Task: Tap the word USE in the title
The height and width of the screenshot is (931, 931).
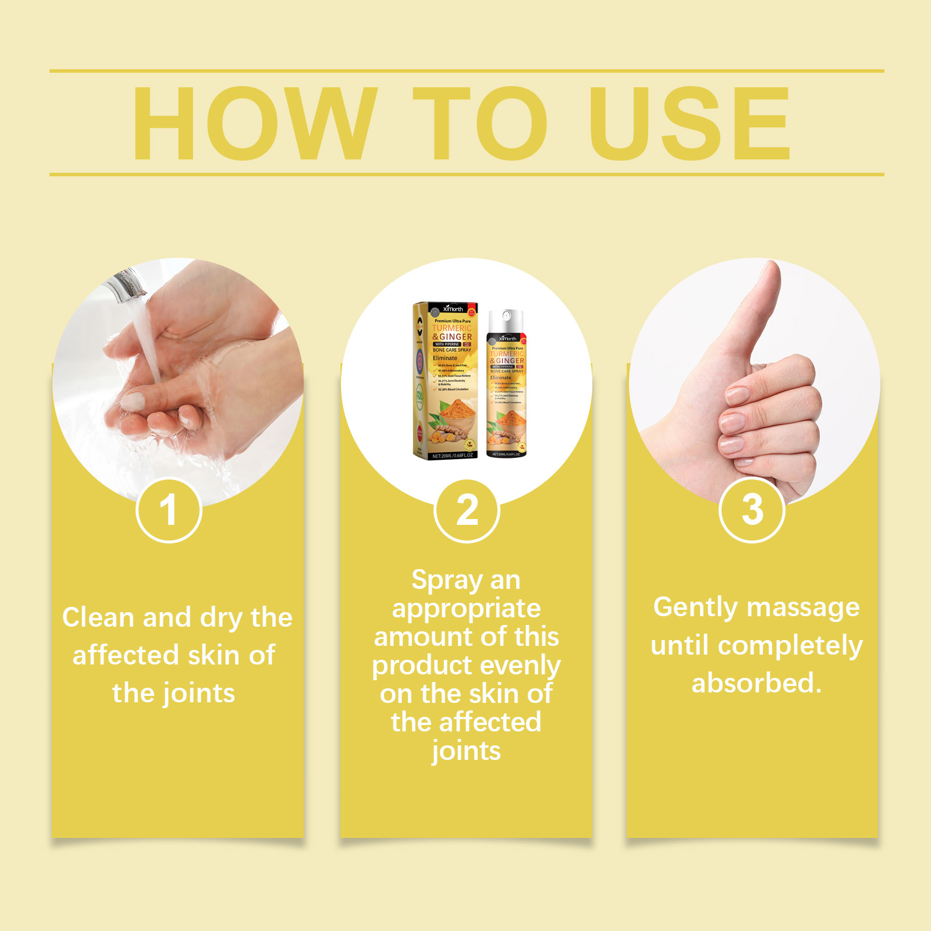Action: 689,123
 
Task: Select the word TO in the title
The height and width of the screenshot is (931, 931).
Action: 480,123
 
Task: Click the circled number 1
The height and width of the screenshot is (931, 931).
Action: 169,510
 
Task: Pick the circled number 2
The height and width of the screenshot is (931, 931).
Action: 467,510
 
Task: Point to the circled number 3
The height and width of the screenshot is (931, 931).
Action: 752,510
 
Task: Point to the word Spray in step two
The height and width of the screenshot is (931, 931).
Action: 447,581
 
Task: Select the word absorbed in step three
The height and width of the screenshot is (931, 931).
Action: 755,683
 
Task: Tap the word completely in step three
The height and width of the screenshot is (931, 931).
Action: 790,646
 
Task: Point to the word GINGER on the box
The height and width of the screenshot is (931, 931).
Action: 456,337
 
